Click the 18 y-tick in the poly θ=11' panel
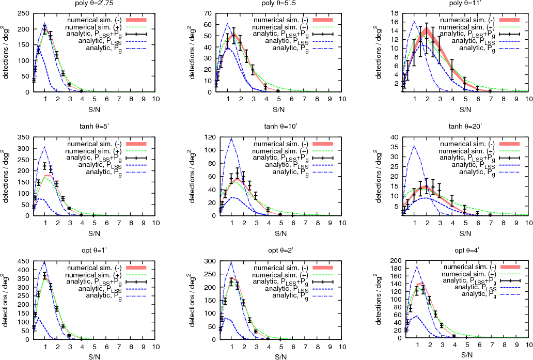tap(394, 13)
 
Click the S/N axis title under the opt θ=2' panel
tap(278, 356)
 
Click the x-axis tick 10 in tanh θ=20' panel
tap(528, 223)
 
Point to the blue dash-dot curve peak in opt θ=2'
tap(230, 262)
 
